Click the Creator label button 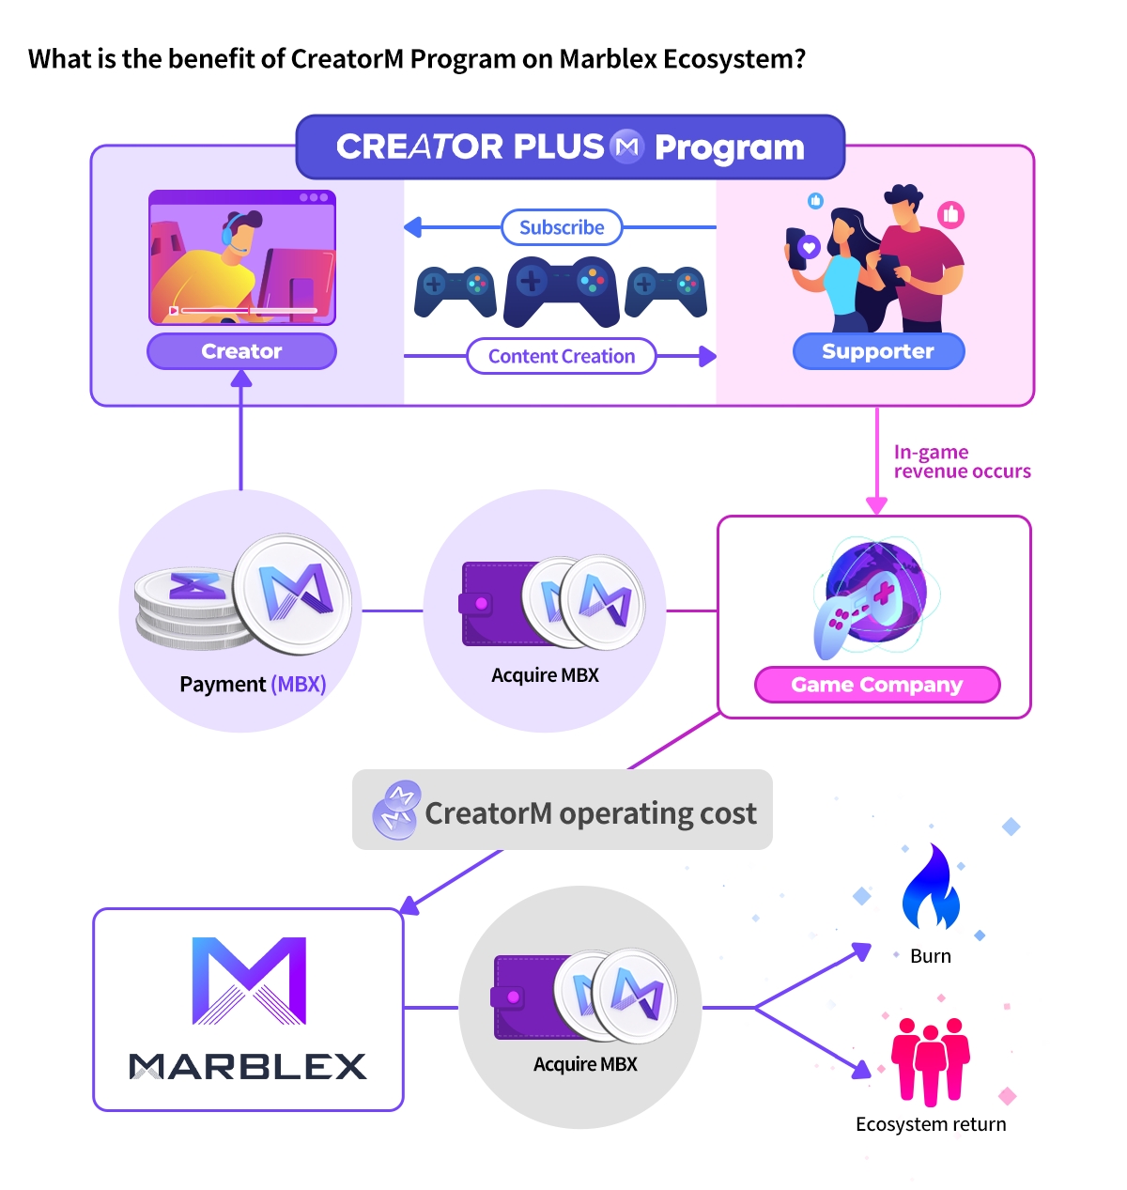241,351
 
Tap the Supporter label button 878,351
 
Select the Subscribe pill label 562,227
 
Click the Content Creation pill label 562,356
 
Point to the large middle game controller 561,290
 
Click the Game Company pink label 877,685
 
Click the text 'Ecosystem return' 931,1124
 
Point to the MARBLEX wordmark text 248,1066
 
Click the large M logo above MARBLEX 249,980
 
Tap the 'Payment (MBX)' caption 253,684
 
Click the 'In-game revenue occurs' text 962,462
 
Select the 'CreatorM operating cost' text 590,812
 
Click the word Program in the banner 729,147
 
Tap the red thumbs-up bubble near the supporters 950,214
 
